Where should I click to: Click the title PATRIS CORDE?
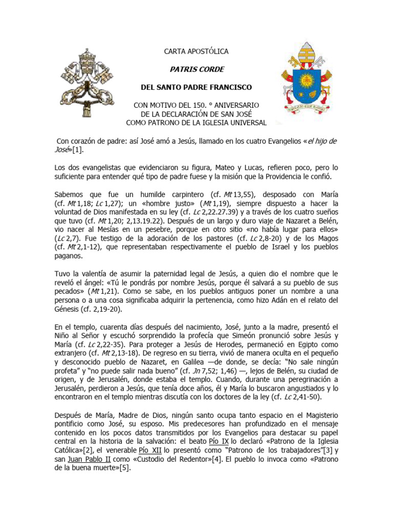(196, 69)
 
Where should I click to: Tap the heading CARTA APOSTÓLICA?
(196, 52)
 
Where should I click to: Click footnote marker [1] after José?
(79, 150)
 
